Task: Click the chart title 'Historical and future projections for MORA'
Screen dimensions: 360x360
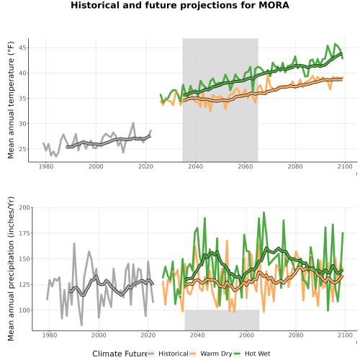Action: pos(180,5)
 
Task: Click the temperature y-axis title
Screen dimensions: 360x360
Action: pos(11,100)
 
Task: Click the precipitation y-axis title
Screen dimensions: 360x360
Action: pos(11,269)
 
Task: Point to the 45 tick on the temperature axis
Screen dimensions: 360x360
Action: pos(22,48)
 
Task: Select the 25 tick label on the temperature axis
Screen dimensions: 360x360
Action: pos(22,149)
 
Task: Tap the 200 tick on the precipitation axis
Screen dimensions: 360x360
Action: pos(24,207)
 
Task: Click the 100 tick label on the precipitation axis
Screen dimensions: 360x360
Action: pos(24,310)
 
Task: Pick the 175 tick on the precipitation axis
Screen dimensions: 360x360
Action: pos(24,233)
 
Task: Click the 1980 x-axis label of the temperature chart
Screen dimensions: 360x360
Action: pos(46,166)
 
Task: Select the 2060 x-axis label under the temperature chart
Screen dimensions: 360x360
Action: pos(246,166)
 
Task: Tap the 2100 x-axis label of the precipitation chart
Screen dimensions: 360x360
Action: pos(345,335)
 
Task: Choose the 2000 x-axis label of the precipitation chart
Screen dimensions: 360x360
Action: pos(99,335)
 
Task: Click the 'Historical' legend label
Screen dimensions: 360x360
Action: pos(174,354)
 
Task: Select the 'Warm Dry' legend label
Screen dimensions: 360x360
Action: pos(216,354)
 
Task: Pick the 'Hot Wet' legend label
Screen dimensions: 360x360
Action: pos(257,354)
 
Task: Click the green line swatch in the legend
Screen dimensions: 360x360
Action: pos(237,354)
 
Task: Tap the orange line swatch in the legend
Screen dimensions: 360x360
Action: pos(193,354)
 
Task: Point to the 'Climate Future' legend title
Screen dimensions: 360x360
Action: pos(120,354)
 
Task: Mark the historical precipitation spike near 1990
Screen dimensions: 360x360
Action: pos(74,243)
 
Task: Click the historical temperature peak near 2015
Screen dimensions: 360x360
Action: pos(133,123)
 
